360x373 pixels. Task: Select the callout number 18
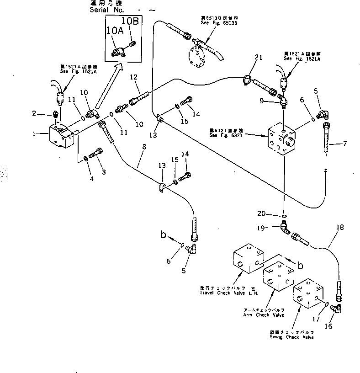pyautogui.click(x=339, y=226)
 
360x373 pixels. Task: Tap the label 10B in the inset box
pyautogui.click(x=129, y=21)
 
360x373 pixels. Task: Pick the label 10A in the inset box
pyautogui.click(x=114, y=31)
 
